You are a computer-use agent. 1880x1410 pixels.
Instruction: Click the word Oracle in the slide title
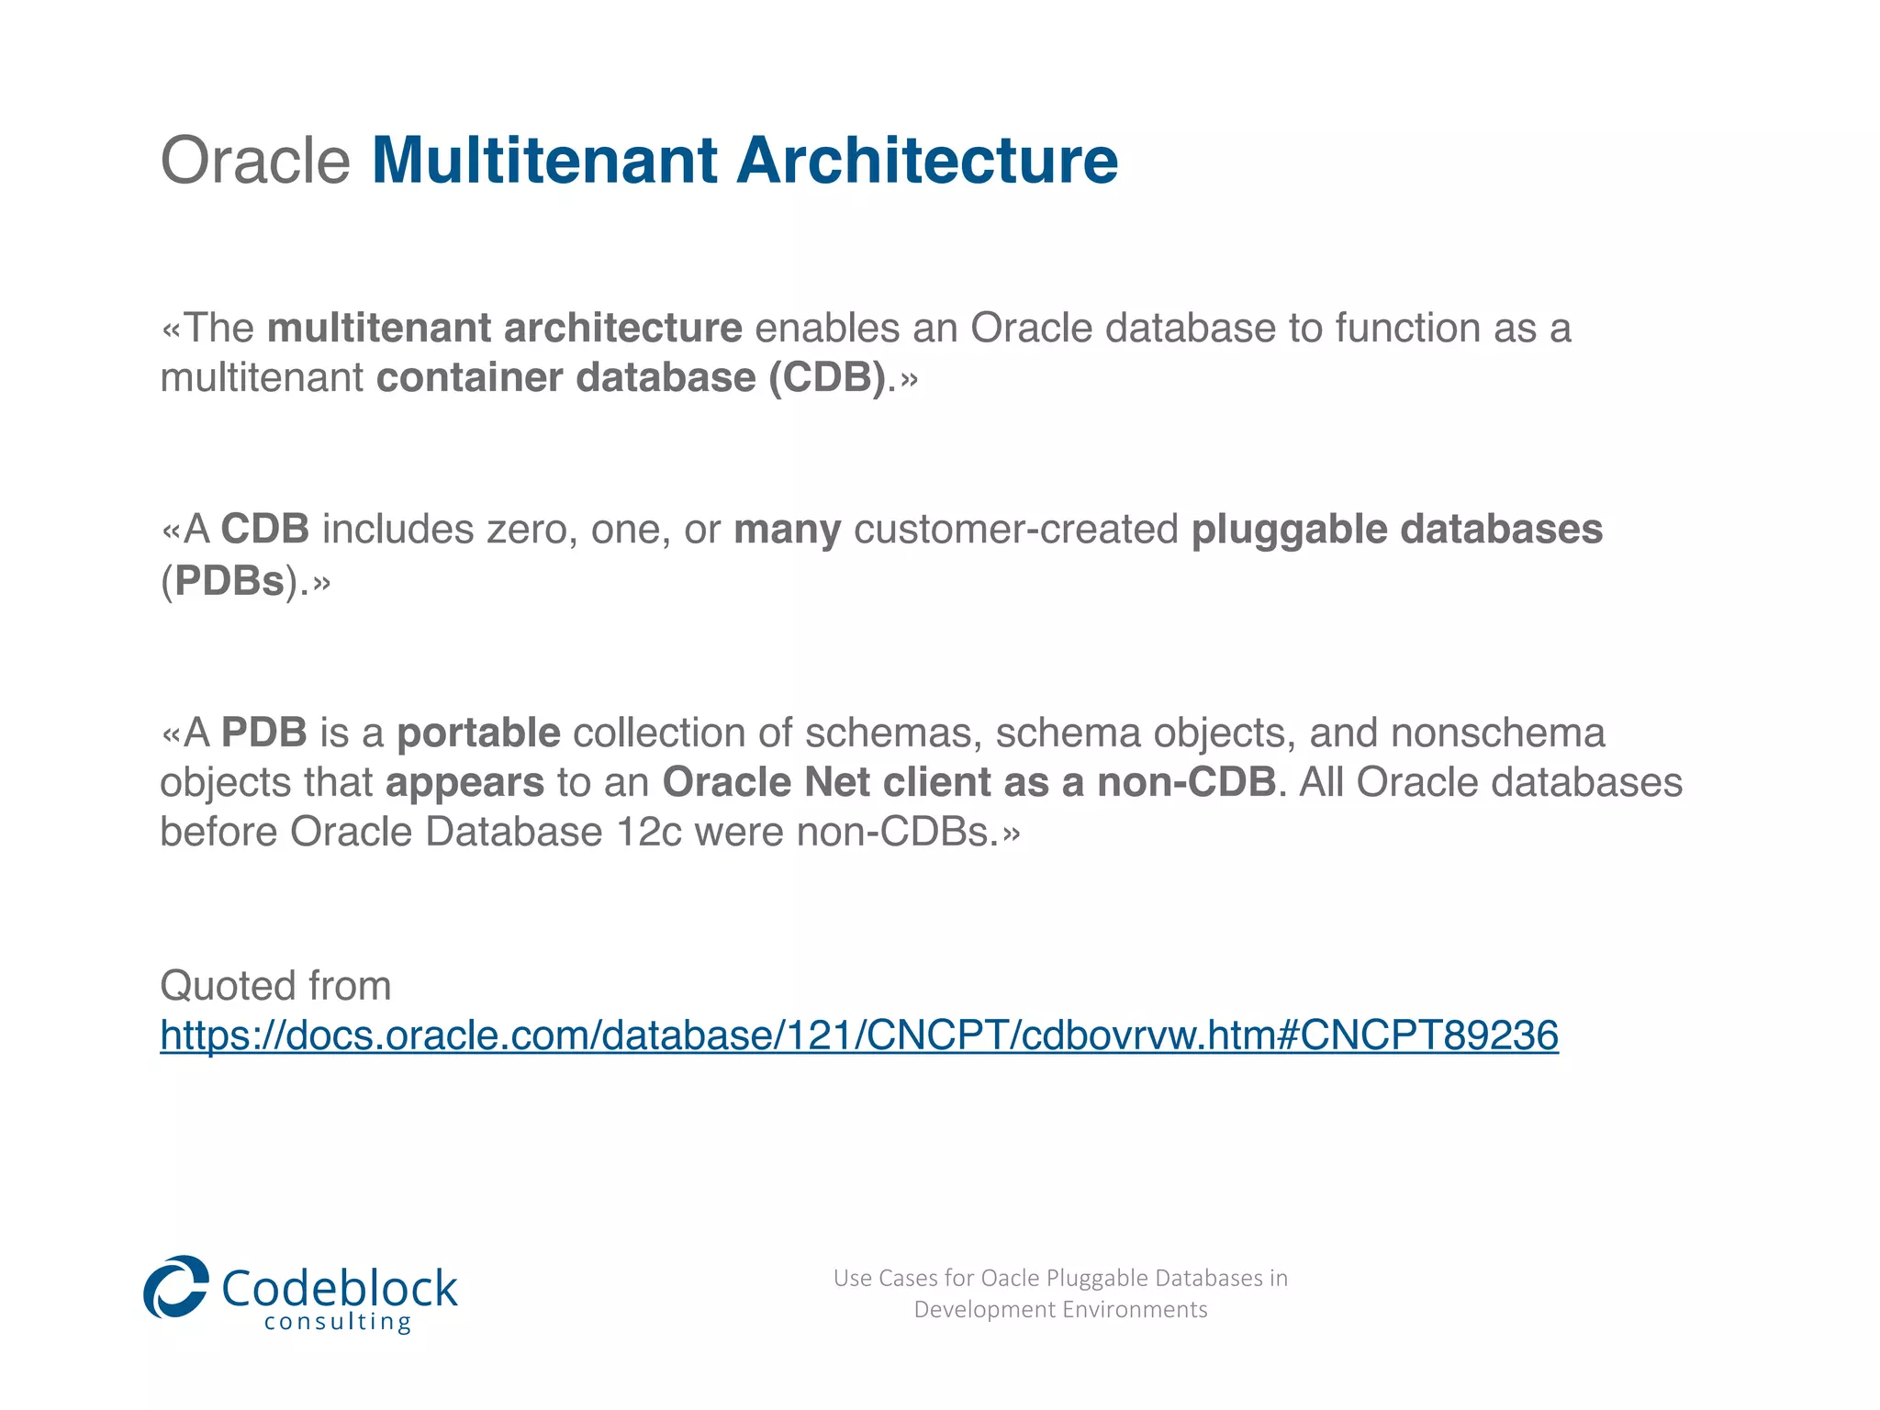pyautogui.click(x=255, y=161)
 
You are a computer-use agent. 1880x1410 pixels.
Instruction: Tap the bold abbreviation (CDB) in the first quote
pyautogui.click(x=827, y=378)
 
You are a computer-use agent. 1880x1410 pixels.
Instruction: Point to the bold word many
pyautogui.click(x=787, y=530)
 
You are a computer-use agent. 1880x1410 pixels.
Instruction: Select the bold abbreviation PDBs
pyautogui.click(x=229, y=581)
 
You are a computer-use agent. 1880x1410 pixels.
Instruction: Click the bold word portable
pyautogui.click(x=478, y=733)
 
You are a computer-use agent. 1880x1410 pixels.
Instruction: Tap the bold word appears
pyautogui.click(x=464, y=783)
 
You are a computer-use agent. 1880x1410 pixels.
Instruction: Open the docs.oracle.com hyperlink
pyautogui.click(x=858, y=1035)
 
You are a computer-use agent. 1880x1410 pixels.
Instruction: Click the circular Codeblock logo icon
pyautogui.click(x=176, y=1287)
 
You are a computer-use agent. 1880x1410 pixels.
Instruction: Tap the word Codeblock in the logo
pyautogui.click(x=339, y=1287)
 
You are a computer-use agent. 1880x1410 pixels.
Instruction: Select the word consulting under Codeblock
pyautogui.click(x=337, y=1323)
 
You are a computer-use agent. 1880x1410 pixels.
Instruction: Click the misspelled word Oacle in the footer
pyautogui.click(x=1010, y=1278)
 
